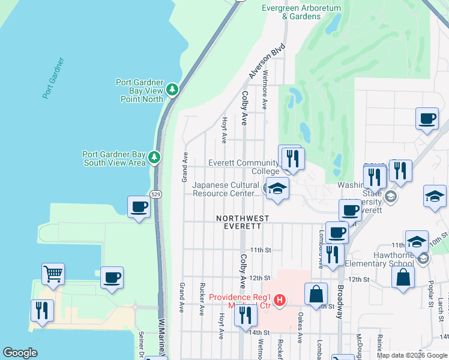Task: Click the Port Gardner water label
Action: pyautogui.click(x=53, y=79)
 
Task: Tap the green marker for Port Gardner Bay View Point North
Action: pyautogui.click(x=173, y=89)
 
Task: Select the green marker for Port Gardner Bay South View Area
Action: pyautogui.click(x=155, y=157)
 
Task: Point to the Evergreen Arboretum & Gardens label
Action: pyautogui.click(x=301, y=12)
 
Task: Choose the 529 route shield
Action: pyautogui.click(x=155, y=194)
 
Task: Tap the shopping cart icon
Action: pyautogui.click(x=53, y=274)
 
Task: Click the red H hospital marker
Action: pyautogui.click(x=279, y=299)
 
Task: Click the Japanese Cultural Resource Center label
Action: pyautogui.click(x=226, y=190)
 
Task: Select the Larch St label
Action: pyautogui.click(x=440, y=306)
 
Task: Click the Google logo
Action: pyautogui.click(x=20, y=353)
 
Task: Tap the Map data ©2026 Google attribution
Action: pyautogui.click(x=411, y=355)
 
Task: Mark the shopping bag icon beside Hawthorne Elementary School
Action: pyautogui.click(x=403, y=278)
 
